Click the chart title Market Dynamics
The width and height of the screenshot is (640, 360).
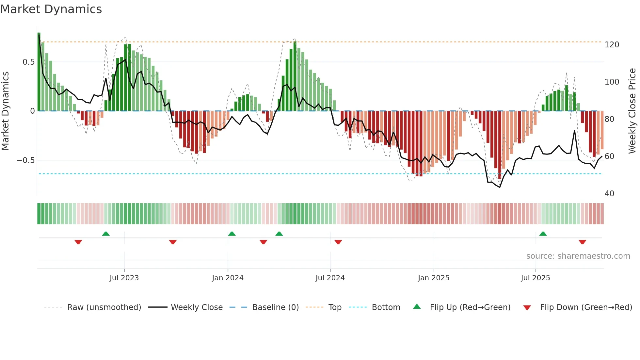(51, 9)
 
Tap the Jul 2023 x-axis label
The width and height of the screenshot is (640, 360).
(124, 278)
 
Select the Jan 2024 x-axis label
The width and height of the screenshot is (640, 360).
(228, 278)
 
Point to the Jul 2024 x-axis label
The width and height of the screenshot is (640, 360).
(330, 278)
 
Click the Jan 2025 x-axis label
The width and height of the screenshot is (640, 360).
(434, 278)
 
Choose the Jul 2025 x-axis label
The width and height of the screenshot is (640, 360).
(536, 278)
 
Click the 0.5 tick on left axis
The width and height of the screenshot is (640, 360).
(29, 62)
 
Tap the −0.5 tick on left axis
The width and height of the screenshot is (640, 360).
(26, 160)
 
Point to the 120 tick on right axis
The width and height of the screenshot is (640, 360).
(612, 45)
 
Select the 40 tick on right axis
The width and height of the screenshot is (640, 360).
(609, 194)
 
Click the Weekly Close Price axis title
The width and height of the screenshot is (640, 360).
(632, 111)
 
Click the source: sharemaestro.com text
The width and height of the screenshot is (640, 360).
(578, 256)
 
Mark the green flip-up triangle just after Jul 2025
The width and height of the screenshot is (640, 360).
(543, 234)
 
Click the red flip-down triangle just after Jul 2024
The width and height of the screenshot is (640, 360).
(338, 242)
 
